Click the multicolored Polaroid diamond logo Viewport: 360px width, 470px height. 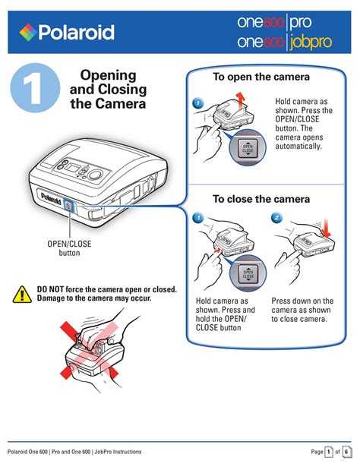tap(28, 32)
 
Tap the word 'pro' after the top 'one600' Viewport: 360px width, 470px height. tap(301, 23)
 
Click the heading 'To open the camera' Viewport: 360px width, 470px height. tap(261, 77)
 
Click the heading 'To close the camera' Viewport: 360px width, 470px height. tap(261, 199)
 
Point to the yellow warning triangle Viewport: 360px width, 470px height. tap(22, 295)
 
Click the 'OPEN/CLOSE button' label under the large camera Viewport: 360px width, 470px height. tap(69, 248)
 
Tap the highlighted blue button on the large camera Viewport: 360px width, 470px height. tap(69, 207)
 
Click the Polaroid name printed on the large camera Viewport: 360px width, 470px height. tap(51, 198)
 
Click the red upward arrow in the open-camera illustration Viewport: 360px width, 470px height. tap(239, 101)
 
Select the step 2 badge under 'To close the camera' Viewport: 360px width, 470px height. tap(276, 218)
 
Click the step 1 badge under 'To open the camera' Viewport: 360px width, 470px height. tap(197, 103)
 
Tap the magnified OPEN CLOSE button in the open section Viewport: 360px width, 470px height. tap(248, 148)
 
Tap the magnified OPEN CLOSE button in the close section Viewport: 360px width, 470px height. tap(248, 274)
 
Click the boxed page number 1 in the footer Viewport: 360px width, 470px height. tap(329, 452)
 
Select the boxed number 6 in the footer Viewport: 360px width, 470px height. tap(347, 452)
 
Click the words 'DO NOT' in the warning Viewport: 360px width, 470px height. tap(50, 289)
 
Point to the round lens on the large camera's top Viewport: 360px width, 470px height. tap(95, 174)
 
